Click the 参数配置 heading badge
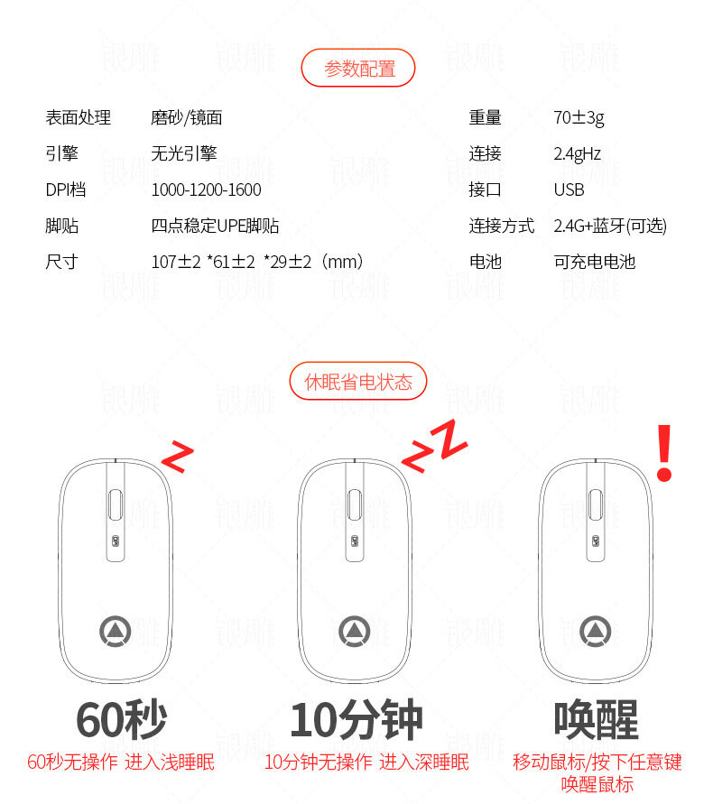point(358,68)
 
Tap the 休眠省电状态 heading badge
point(358,381)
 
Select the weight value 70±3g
point(579,118)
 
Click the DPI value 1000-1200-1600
point(206,190)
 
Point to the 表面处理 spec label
point(78,117)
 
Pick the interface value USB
point(569,190)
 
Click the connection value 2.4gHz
point(577,153)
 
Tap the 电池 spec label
point(485,262)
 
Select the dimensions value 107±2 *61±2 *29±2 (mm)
point(257,262)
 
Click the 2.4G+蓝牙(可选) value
point(610,226)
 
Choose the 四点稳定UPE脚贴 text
point(215,226)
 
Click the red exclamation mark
point(664,453)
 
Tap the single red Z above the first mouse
point(178,456)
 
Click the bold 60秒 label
point(121,720)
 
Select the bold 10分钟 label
point(356,720)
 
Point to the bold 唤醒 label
point(596,720)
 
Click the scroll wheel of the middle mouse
point(355,504)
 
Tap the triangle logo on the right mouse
point(595,632)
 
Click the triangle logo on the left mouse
point(115,632)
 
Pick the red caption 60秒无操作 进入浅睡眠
point(121,762)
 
